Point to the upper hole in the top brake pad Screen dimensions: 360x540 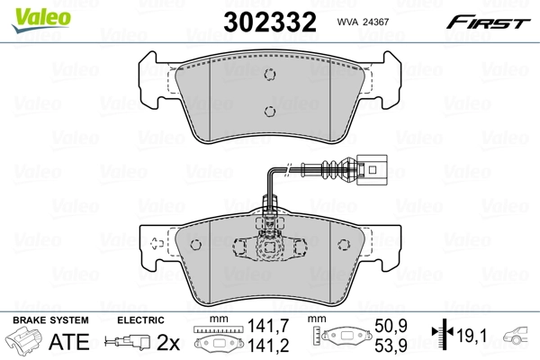[269, 75]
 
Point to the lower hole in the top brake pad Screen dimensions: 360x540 [269, 112]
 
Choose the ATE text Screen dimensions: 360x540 [67, 342]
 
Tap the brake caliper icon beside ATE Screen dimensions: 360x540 [24, 342]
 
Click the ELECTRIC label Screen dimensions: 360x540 [139, 320]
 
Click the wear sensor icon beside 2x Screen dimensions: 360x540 [127, 342]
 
